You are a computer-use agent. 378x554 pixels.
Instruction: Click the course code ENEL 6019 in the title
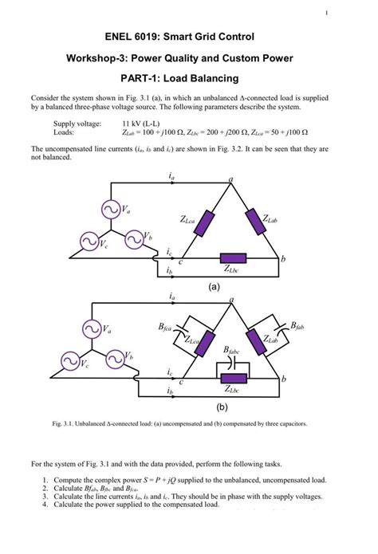pos(132,37)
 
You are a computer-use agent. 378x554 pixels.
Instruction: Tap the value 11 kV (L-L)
pos(141,124)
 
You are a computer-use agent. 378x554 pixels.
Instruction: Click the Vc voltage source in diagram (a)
pos(88,240)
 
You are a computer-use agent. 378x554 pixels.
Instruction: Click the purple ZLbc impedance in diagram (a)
pos(234,259)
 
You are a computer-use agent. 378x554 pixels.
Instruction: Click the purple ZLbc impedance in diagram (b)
pos(234,379)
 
